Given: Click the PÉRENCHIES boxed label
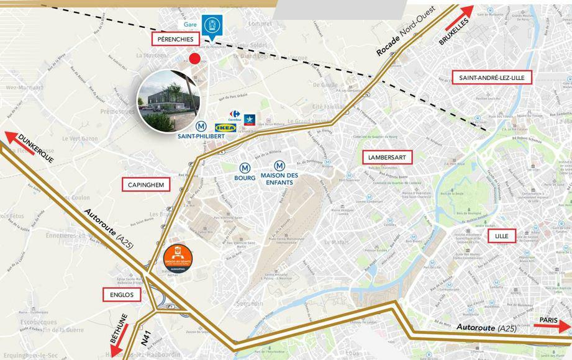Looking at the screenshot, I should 176,39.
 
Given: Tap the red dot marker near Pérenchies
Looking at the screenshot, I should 195,59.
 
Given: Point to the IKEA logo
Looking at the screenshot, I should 226,128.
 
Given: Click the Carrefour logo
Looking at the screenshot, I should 234,115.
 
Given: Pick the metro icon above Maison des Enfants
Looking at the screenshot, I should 280,166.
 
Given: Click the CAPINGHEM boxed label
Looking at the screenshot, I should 145,184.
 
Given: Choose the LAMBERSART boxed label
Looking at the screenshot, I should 386,157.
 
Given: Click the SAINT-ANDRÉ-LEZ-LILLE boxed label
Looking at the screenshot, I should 488,78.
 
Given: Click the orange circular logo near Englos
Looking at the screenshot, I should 177,259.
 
